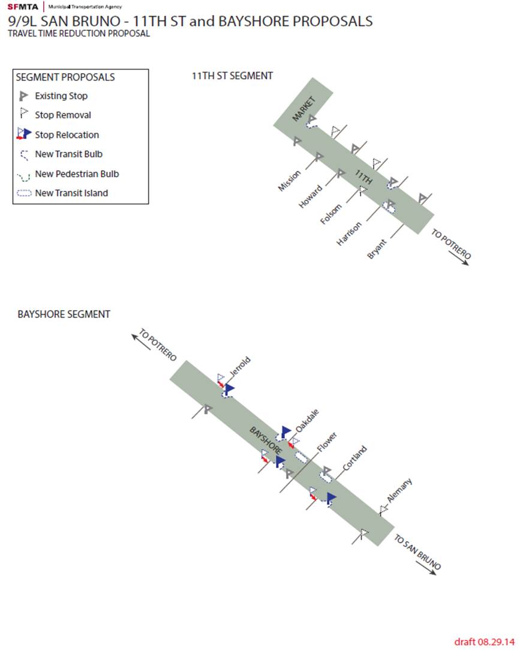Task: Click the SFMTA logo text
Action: click(x=22, y=7)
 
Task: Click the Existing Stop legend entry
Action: click(x=61, y=96)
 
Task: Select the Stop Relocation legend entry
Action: click(x=67, y=135)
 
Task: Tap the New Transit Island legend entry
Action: click(x=71, y=193)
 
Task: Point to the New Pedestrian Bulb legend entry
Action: click(x=77, y=174)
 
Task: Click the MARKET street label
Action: click(x=303, y=109)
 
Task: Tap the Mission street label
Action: click(x=289, y=181)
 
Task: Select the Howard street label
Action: click(x=310, y=197)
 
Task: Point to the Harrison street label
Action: click(x=349, y=234)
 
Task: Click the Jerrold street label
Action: click(x=239, y=367)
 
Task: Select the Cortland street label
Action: click(x=354, y=458)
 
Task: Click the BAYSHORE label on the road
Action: click(x=266, y=442)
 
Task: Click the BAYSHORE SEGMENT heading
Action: click(x=64, y=314)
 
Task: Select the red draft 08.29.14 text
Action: click(x=484, y=642)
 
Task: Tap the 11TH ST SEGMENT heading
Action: click(x=232, y=76)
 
